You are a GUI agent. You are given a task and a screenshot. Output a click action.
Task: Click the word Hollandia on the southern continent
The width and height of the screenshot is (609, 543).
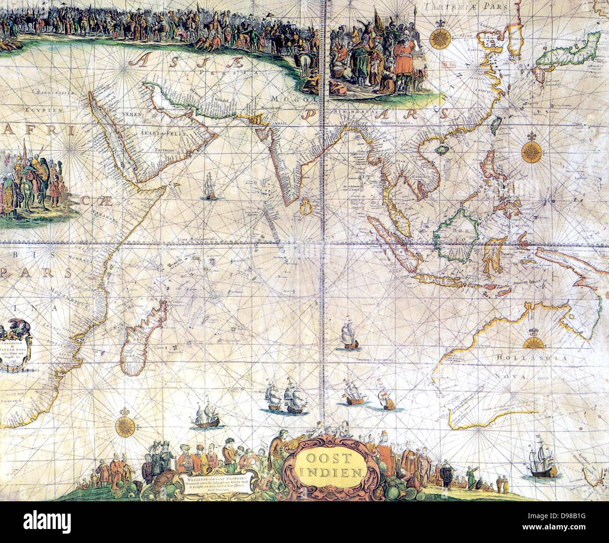point(531,358)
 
